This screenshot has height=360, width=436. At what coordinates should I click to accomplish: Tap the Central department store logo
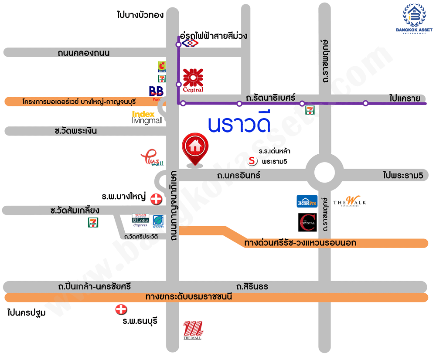193,80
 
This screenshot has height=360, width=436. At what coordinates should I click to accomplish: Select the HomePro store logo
307,201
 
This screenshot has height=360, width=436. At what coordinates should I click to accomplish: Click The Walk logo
350,201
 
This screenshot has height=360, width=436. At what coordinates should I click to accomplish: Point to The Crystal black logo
307,222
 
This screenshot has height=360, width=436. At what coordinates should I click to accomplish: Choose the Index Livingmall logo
147,117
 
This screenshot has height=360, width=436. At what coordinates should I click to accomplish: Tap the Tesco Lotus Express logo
140,221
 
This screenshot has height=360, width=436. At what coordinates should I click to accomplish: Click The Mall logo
192,330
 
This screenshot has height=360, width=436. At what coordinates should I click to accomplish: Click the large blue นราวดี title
239,124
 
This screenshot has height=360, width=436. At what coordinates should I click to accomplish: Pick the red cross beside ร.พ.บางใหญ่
156,199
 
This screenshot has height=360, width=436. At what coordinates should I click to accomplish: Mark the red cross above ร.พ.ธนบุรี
121,310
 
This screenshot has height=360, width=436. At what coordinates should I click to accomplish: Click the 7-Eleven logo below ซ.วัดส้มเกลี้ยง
93,222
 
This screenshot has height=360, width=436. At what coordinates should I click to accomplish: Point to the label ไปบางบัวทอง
140,15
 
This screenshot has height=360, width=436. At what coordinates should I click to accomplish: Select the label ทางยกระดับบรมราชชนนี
188,297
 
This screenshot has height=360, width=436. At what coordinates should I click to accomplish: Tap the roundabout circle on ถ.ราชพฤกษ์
324,172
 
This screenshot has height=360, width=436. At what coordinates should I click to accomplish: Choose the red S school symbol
252,161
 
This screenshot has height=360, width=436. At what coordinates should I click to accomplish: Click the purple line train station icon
189,43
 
